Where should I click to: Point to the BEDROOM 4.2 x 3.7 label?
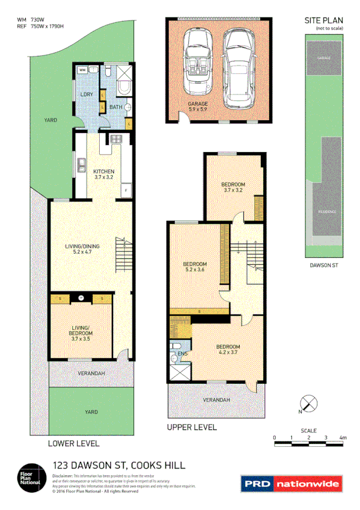pyautogui.click(x=228, y=350)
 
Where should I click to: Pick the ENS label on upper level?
pyautogui.click(x=183, y=354)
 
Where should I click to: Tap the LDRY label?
pyautogui.click(x=86, y=94)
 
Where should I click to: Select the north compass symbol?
pyautogui.click(x=308, y=404)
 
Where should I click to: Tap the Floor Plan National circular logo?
pyautogui.click(x=30, y=476)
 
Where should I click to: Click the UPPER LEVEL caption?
pyautogui.click(x=191, y=428)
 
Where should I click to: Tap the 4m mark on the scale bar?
pyautogui.click(x=343, y=438)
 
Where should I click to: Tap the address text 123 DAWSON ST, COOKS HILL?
pyautogui.click(x=119, y=465)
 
